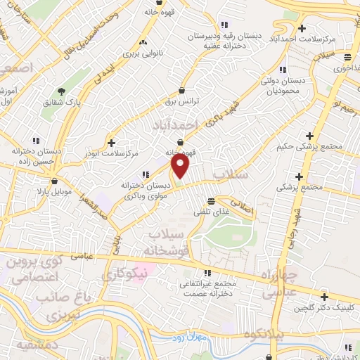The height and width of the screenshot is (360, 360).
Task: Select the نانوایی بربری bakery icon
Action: pyautogui.click(x=144, y=41)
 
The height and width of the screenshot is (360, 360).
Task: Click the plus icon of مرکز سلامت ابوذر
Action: pyautogui.click(x=110, y=142)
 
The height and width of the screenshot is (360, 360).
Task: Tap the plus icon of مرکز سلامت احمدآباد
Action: pyautogui.click(x=302, y=28)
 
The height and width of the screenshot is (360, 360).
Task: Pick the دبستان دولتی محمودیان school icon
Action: pyautogui.click(x=283, y=70)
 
